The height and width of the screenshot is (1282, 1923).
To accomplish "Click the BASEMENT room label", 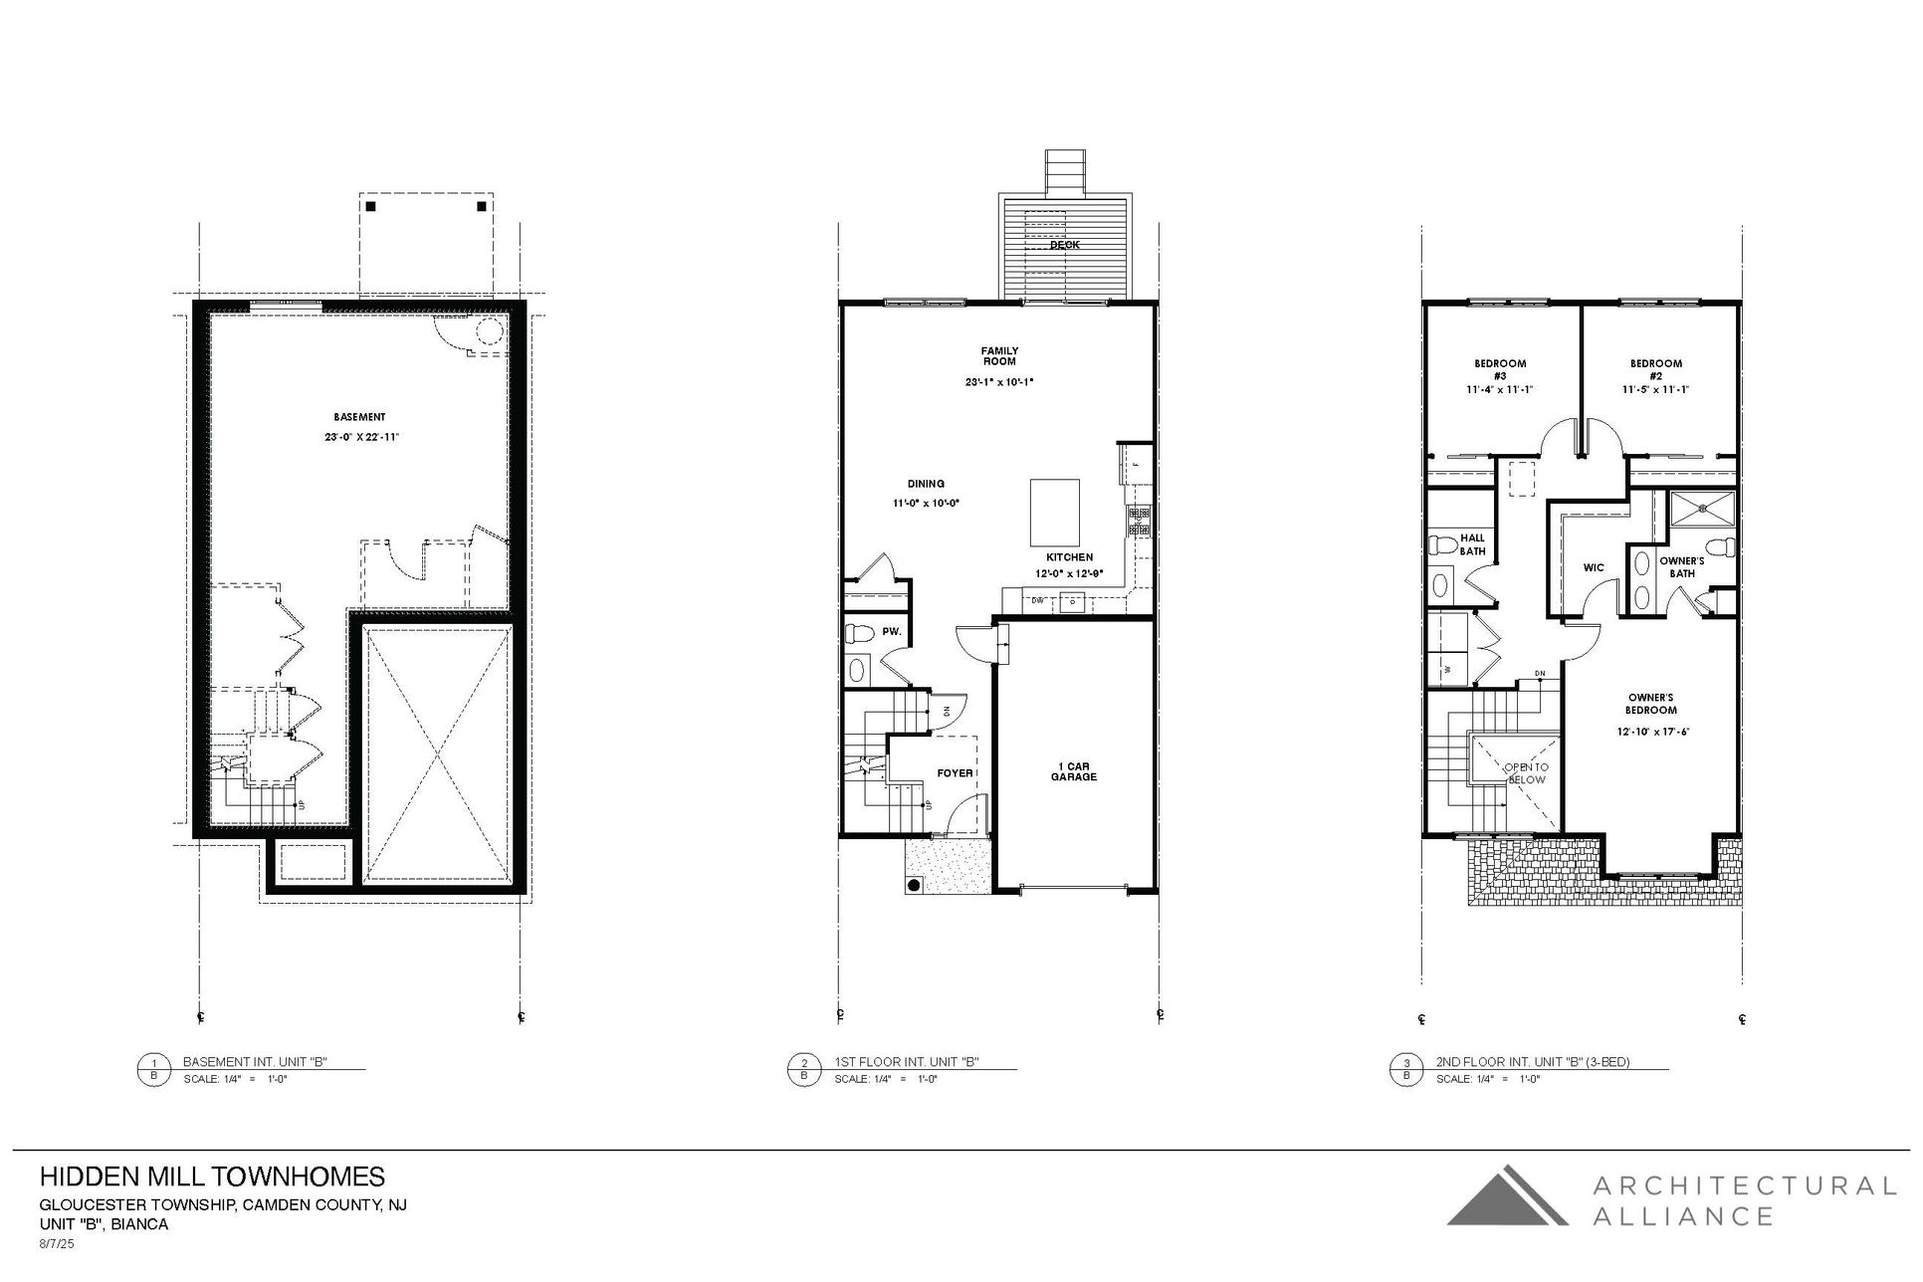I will [359, 417].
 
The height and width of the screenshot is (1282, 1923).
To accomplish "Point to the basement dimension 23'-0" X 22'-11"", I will [360, 437].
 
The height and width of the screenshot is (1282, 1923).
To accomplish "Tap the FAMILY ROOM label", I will [999, 355].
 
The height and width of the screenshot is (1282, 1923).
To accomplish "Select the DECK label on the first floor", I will [1064, 244].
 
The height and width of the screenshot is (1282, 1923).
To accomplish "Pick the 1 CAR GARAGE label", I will [1074, 770].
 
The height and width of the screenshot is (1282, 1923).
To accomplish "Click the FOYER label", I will [955, 772].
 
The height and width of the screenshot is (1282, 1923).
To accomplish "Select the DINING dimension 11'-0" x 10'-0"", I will [926, 504].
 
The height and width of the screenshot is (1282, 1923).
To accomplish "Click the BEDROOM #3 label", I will [1499, 369].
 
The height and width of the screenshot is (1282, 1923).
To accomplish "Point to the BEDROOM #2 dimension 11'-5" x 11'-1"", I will [1655, 390].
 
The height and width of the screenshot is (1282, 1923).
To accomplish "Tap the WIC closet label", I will [1594, 568].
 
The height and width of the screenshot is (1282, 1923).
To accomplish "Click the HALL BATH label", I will [1472, 544].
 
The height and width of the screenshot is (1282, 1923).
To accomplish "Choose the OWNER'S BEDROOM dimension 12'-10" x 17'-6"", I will [1653, 732].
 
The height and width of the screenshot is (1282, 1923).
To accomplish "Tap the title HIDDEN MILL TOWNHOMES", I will [212, 1176].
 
